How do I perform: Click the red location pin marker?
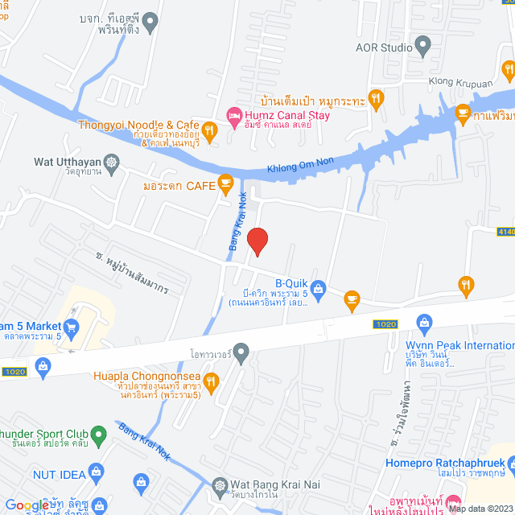point(257,241)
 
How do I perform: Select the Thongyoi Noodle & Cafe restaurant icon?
point(209,130)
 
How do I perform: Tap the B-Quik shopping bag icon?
point(319,287)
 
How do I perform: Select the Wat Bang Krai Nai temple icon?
point(220,485)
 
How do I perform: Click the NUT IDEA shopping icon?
point(97,470)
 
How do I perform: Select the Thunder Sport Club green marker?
point(98,435)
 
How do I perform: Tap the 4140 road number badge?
point(506,232)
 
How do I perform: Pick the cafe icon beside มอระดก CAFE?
point(226,185)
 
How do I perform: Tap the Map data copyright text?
point(480,509)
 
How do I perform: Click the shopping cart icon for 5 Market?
point(72,327)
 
